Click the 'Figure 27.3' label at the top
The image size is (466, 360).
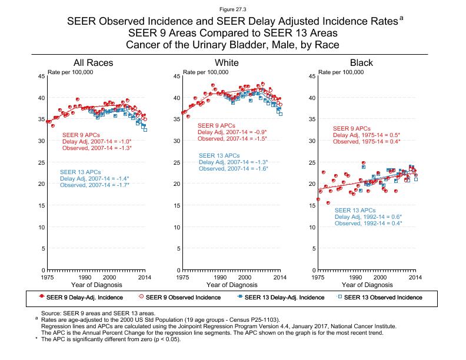[232, 9]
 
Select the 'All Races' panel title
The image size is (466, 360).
[92, 63]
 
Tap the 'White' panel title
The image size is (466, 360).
[227, 63]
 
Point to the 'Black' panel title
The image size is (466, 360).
[361, 63]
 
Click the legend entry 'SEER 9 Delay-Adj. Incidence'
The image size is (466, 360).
[85, 297]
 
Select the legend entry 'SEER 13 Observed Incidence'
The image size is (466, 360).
[382, 297]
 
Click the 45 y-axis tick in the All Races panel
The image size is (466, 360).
[41, 76]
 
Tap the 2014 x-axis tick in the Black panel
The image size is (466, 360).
[415, 276]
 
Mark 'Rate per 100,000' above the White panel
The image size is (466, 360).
[206, 72]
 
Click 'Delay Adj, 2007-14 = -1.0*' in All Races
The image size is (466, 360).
[96, 141]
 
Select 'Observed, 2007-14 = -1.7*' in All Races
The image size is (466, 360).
[94, 185]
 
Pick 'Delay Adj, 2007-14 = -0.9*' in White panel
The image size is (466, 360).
[232, 132]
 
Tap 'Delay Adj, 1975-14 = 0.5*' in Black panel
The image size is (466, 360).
[367, 135]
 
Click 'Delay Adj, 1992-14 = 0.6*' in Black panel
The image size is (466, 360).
[368, 217]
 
